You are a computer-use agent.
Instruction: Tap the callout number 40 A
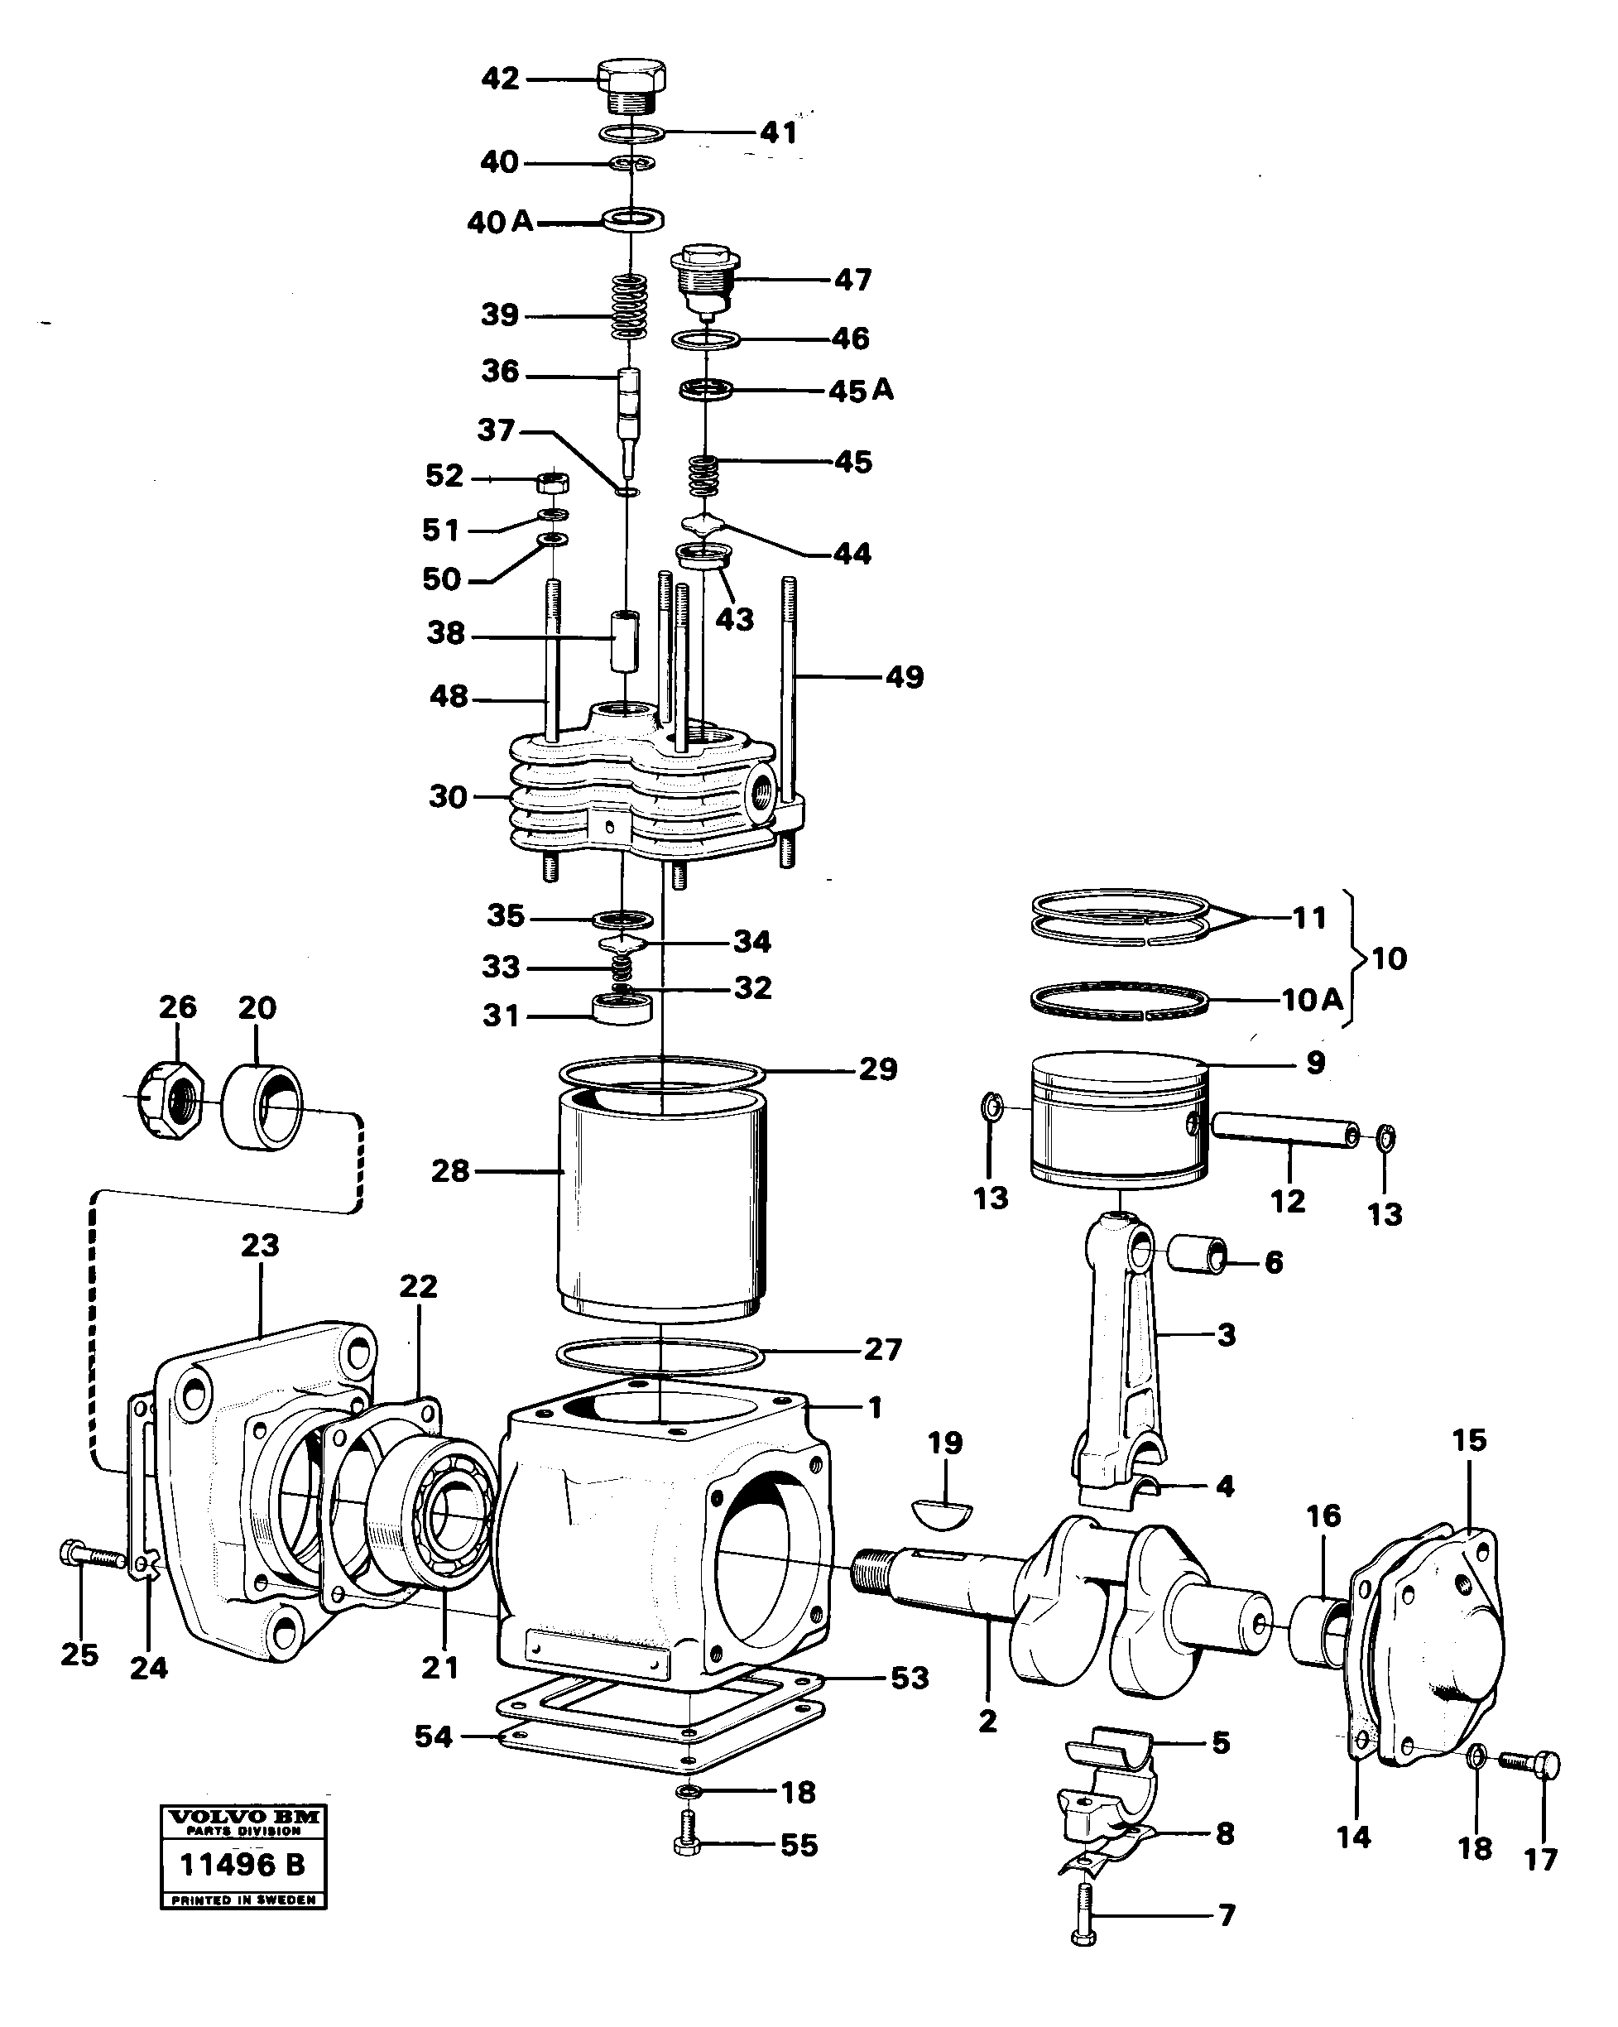tap(500, 222)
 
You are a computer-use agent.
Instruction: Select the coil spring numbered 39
tap(630, 306)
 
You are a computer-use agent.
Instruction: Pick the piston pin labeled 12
tap(1284, 1135)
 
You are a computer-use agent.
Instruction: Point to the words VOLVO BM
tap(242, 1818)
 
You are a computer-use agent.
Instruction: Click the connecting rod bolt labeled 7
tap(1083, 1912)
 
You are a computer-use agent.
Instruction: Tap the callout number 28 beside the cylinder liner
tap(449, 1171)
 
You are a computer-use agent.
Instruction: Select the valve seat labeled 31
tap(622, 1011)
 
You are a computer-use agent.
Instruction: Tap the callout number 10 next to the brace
tap(1390, 959)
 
